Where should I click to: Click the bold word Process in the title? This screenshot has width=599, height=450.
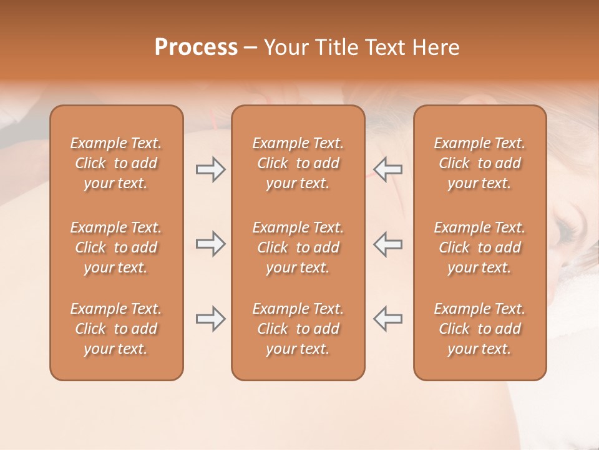pos(196,47)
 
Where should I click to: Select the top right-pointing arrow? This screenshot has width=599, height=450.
pos(210,169)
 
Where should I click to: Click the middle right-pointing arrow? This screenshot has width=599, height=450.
pos(210,244)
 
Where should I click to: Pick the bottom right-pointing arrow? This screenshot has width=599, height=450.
pos(210,319)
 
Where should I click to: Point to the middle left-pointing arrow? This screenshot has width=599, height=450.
pos(387,244)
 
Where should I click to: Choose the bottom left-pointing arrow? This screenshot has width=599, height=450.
pos(387,319)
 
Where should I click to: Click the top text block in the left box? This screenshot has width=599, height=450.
pos(116,163)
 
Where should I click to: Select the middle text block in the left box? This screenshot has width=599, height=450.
pos(116,247)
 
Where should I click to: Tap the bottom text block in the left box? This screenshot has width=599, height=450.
pos(116,329)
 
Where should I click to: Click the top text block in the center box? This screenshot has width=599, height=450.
pos(298,163)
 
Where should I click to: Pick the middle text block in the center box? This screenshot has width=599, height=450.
pos(298,247)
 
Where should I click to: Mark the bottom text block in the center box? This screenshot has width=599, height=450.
pos(298,329)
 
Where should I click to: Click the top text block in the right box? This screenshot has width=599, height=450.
pos(479,163)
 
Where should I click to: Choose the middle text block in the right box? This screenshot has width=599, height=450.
pos(479,247)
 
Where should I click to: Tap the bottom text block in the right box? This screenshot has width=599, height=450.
pos(479,329)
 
